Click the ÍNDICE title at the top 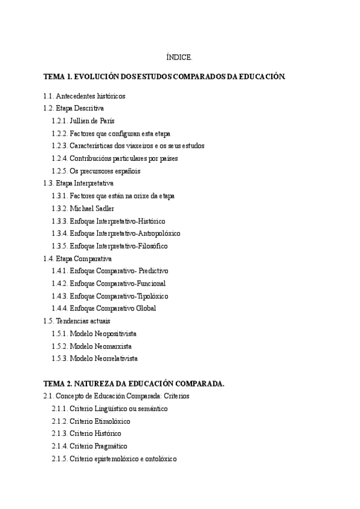pos(179,58)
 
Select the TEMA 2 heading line pos(134,383)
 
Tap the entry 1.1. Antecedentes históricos pos(84,96)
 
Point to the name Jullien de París pos(92,121)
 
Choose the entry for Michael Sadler pos(92,208)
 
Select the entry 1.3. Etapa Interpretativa pos(79,183)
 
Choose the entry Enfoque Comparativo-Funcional pos(118,283)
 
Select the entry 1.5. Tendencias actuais pos(77,321)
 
